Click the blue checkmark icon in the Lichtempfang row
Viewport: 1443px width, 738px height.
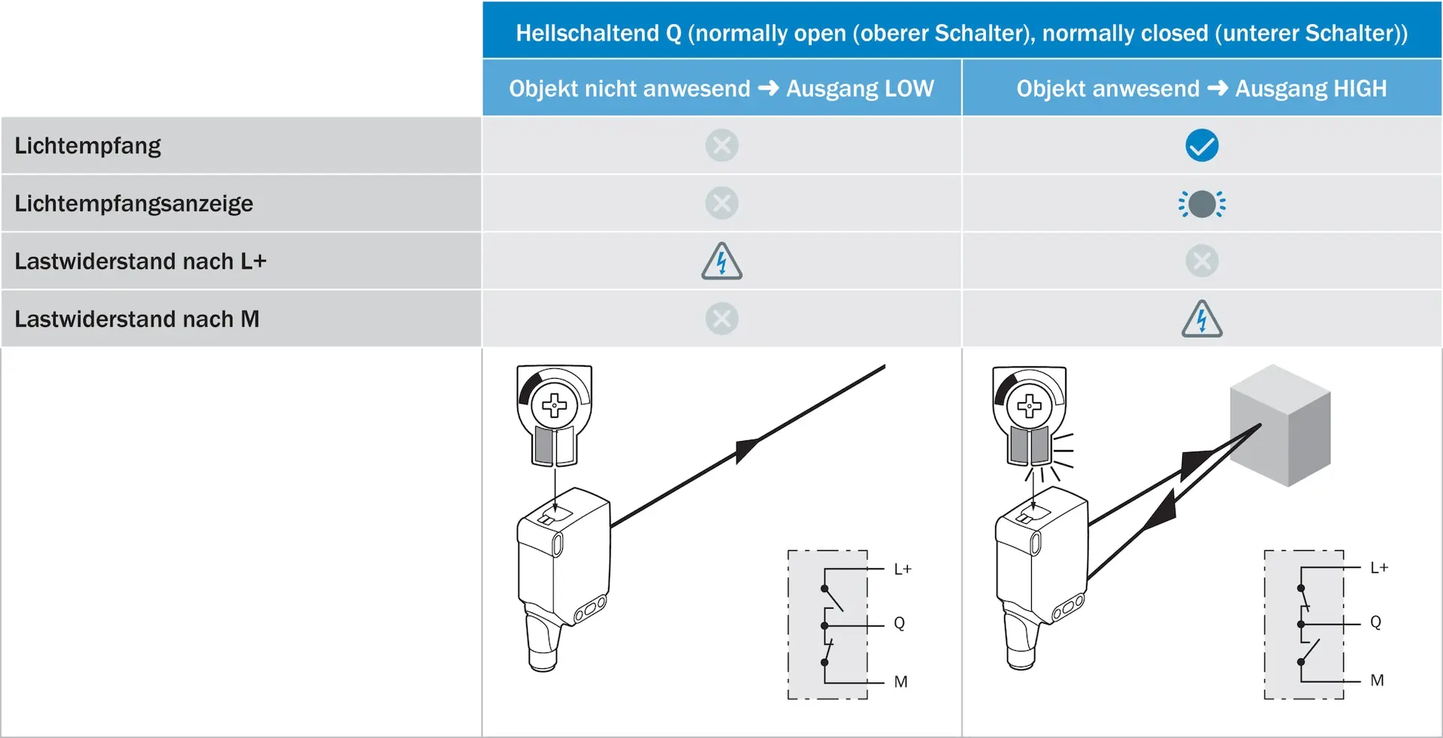(x=1202, y=146)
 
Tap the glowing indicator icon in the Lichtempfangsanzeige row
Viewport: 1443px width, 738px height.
(x=1202, y=204)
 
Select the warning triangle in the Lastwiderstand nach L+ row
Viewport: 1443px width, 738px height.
(x=721, y=261)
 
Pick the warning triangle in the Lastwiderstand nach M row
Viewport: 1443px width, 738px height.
(x=1202, y=319)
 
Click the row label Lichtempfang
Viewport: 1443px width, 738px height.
(x=88, y=146)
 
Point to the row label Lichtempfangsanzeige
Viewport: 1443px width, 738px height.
(x=134, y=204)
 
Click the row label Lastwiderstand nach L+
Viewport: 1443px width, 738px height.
(x=141, y=262)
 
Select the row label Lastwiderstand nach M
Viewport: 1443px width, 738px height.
(x=137, y=319)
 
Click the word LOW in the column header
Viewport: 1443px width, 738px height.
(x=909, y=89)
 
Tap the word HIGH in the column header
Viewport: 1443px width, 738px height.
(x=1360, y=89)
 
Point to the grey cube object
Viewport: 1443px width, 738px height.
(x=1280, y=425)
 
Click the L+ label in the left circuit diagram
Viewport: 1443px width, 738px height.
(x=903, y=569)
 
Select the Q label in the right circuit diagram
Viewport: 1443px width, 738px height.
(x=1375, y=622)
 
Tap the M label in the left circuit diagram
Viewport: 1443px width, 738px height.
(x=901, y=682)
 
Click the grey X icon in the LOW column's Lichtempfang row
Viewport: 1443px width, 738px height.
(x=721, y=146)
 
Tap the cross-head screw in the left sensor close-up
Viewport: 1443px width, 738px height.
(x=555, y=406)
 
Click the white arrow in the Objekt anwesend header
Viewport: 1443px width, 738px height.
(x=1218, y=89)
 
